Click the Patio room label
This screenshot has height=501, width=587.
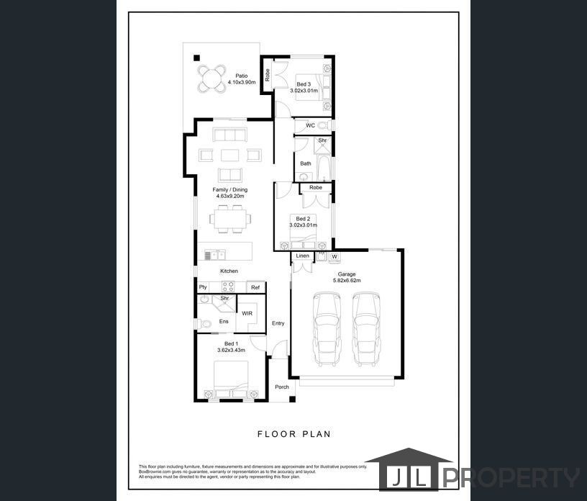click(242, 75)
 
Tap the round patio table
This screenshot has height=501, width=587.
click(211, 77)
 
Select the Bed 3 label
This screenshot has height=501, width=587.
click(304, 83)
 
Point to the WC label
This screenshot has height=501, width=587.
click(310, 125)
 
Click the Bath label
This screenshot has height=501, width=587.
click(306, 163)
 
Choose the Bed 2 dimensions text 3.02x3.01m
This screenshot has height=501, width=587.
click(304, 225)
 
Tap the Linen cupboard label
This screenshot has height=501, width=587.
click(302, 256)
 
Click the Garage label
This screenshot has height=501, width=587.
click(347, 274)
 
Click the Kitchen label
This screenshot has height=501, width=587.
click(229, 271)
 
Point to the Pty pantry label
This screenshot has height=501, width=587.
click(203, 287)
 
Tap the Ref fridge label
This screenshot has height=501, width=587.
click(255, 287)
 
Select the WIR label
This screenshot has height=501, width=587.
click(247, 314)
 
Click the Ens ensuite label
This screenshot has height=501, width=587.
click(224, 321)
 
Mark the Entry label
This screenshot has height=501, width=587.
click(278, 323)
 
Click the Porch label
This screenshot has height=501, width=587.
click(282, 387)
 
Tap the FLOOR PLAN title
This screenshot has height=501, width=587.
click(293, 434)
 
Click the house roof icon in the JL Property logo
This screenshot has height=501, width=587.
click(407, 459)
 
